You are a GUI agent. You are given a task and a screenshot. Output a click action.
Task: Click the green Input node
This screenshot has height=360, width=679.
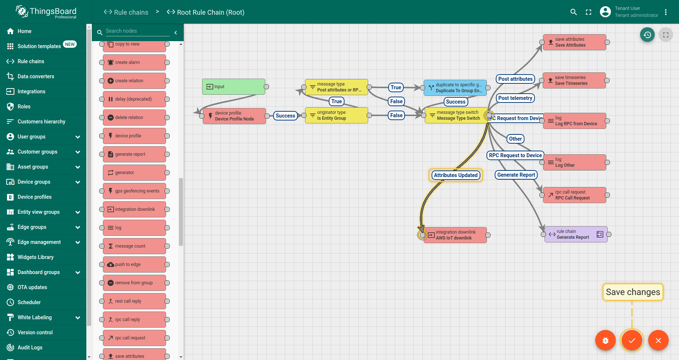click(234, 87)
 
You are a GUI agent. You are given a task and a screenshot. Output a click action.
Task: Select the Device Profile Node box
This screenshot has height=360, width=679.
click(234, 116)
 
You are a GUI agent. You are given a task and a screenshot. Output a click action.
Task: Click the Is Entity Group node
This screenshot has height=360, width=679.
click(337, 115)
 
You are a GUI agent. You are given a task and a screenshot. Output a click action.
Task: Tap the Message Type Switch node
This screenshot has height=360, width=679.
click(456, 115)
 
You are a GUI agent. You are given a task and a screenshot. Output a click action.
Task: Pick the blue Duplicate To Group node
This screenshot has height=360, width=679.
click(455, 88)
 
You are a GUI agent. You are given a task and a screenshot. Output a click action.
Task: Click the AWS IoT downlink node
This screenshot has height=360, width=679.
click(455, 235)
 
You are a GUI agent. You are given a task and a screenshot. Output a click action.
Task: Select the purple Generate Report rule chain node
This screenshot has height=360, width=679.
click(576, 234)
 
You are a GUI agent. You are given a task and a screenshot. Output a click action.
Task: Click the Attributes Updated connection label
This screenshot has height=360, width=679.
click(456, 175)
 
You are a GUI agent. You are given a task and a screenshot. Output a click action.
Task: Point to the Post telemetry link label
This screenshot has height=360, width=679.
click(515, 98)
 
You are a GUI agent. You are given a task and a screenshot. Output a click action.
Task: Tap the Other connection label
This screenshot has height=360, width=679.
click(515, 139)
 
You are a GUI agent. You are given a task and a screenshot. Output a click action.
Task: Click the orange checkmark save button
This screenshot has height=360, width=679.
click(632, 341)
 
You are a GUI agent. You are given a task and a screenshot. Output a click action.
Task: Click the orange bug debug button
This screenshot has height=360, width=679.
click(606, 341)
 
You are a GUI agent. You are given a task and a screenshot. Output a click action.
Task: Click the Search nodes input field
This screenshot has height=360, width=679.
click(137, 31)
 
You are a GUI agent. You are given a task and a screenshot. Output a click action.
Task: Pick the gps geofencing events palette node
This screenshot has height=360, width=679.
click(134, 191)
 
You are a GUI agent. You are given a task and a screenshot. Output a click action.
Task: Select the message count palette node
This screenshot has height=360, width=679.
click(134, 246)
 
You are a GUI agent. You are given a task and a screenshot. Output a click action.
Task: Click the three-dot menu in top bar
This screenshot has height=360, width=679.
click(666, 12)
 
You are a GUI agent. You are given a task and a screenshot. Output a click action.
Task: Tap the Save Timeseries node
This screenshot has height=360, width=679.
click(574, 80)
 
